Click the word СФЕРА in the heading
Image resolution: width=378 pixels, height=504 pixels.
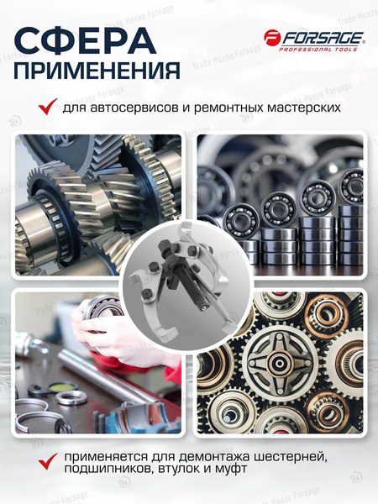(x=85, y=39)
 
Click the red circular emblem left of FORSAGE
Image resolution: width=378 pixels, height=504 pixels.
(x=272, y=37)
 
